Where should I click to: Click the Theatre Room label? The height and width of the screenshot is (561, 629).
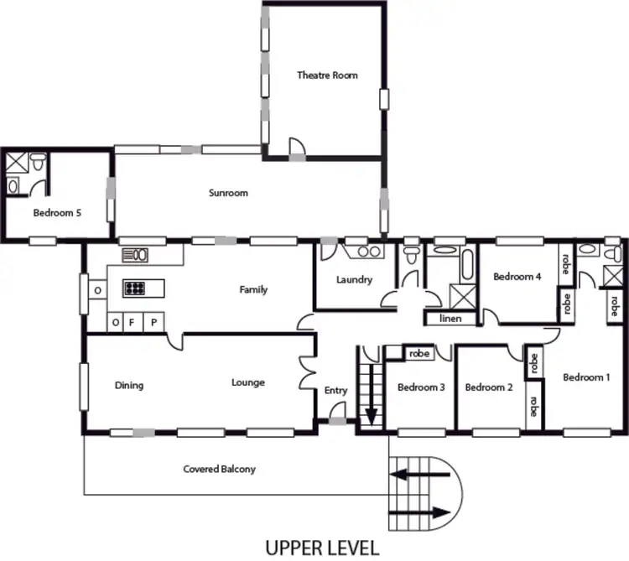click(327, 75)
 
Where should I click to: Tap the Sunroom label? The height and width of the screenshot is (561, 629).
click(228, 193)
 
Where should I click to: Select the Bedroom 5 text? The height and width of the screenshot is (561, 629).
click(57, 213)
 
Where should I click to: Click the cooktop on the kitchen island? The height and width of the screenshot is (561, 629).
click(134, 288)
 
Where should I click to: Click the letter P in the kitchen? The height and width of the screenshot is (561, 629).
click(153, 322)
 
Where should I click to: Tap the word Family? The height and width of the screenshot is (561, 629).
click(253, 290)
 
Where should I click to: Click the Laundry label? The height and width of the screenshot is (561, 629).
click(353, 280)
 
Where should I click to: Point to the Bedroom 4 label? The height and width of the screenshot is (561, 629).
click(517, 277)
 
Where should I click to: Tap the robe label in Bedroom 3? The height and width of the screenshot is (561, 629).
click(419, 354)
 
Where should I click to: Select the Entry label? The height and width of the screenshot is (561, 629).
click(335, 391)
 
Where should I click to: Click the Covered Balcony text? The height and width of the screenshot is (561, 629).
click(219, 470)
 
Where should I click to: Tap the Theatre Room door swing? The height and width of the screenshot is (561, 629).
click(297, 148)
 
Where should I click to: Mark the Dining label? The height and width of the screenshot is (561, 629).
click(129, 386)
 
